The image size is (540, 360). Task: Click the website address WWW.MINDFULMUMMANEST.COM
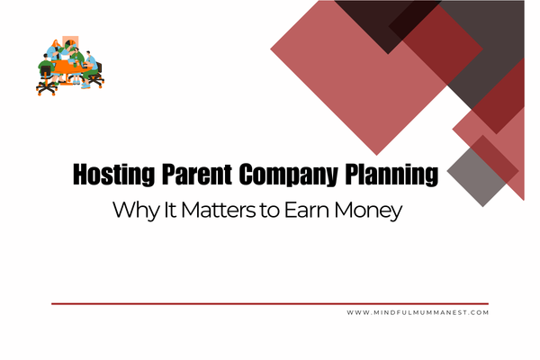click(417, 312)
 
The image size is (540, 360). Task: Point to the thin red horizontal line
click(270, 303)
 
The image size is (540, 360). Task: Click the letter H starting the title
click(78, 174)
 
